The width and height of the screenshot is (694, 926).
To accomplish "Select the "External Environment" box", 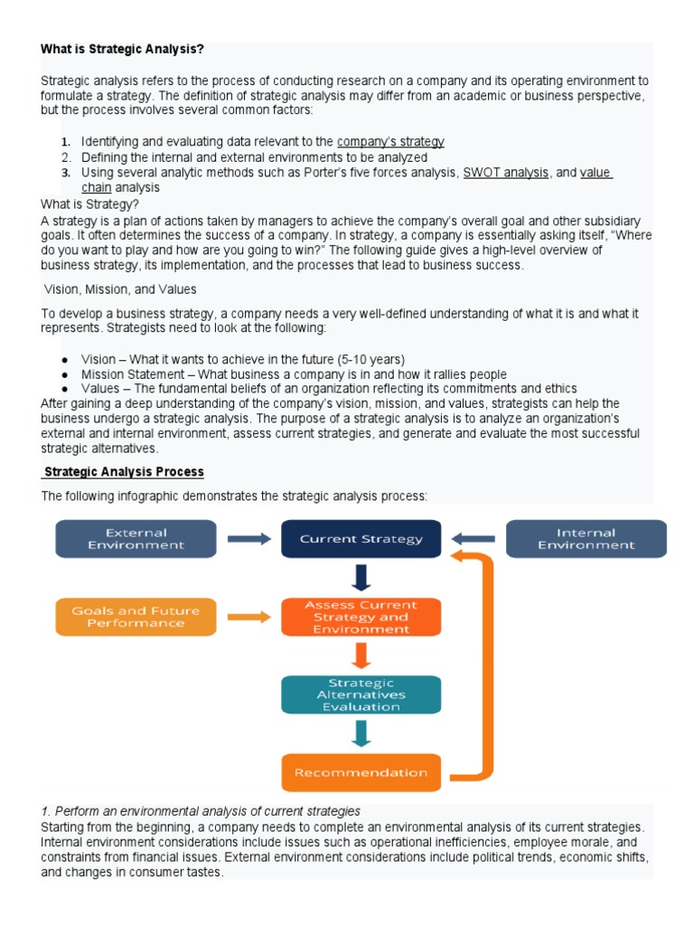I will click(x=136, y=539).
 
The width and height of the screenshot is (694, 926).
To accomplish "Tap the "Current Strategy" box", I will click(x=361, y=539).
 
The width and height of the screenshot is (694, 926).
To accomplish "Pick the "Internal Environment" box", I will click(x=586, y=539).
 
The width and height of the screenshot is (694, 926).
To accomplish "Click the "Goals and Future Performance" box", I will click(x=136, y=617).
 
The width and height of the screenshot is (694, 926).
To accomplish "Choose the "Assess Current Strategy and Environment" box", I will click(x=361, y=617).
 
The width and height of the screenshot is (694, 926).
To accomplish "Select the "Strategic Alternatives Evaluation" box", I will click(x=361, y=694).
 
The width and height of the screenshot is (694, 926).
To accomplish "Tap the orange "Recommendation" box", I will click(x=361, y=772).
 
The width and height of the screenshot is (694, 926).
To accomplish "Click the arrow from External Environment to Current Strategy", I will click(x=249, y=539).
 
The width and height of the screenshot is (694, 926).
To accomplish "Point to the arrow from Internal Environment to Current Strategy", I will click(x=473, y=539).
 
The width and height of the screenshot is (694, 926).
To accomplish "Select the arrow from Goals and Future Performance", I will click(x=249, y=617).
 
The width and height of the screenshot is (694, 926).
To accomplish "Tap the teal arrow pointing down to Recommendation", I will click(x=361, y=733).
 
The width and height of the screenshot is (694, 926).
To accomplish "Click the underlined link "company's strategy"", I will click(x=390, y=142).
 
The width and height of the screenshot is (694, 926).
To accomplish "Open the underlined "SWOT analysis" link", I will click(x=505, y=173).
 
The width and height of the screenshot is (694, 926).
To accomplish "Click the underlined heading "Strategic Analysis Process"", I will click(x=124, y=472).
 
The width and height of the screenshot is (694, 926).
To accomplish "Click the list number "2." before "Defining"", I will click(x=65, y=157).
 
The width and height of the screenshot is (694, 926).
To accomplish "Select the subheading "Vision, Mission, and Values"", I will click(x=120, y=289).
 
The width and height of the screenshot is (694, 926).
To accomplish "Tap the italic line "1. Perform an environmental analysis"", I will click(x=201, y=811).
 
